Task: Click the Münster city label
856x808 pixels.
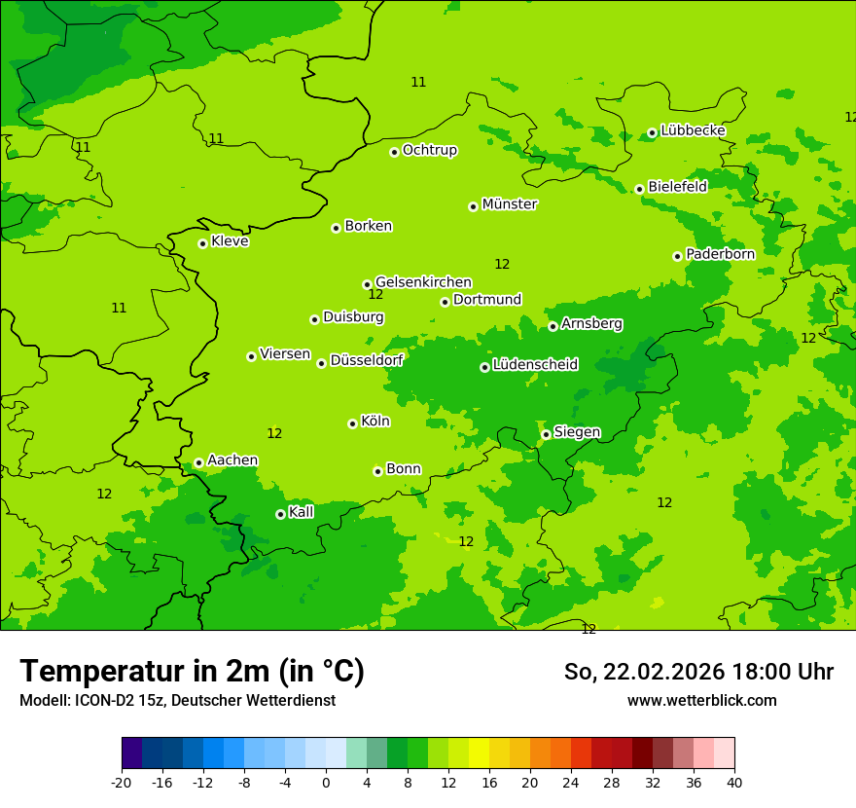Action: point(509,204)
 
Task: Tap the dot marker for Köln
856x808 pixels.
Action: point(352,423)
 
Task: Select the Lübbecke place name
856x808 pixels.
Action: point(693,130)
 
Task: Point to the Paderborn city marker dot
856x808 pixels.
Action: point(678,256)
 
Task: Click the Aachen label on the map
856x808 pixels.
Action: point(232,460)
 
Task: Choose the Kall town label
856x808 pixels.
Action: point(302,512)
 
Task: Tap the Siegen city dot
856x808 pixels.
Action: point(547,434)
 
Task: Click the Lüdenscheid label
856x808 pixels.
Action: point(535,365)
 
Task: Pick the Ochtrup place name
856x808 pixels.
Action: point(429,150)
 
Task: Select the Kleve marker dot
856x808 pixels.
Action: point(202,243)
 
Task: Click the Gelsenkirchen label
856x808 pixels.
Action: point(423,282)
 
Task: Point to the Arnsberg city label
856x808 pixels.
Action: point(591,323)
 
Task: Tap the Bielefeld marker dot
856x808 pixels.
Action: point(639,189)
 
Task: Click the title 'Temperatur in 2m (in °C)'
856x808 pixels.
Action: point(192,672)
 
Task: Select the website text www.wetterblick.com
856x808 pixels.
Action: point(701,701)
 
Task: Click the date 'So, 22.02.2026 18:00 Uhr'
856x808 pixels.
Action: point(698,672)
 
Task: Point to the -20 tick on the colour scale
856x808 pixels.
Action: point(122,783)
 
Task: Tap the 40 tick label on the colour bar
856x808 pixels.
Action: point(733,783)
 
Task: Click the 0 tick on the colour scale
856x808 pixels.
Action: point(326,783)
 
